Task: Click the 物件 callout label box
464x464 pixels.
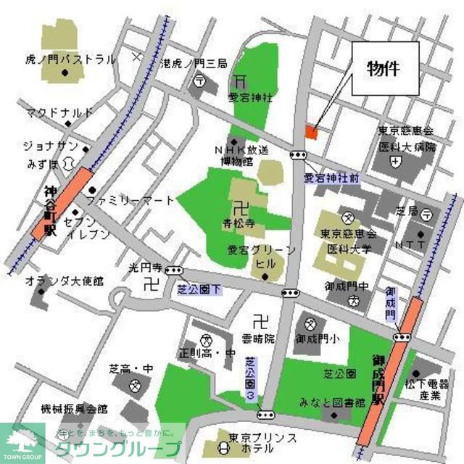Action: coord(386,68)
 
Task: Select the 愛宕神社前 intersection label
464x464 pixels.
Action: coord(331,177)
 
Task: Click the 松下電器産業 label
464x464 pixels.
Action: coord(429,390)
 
